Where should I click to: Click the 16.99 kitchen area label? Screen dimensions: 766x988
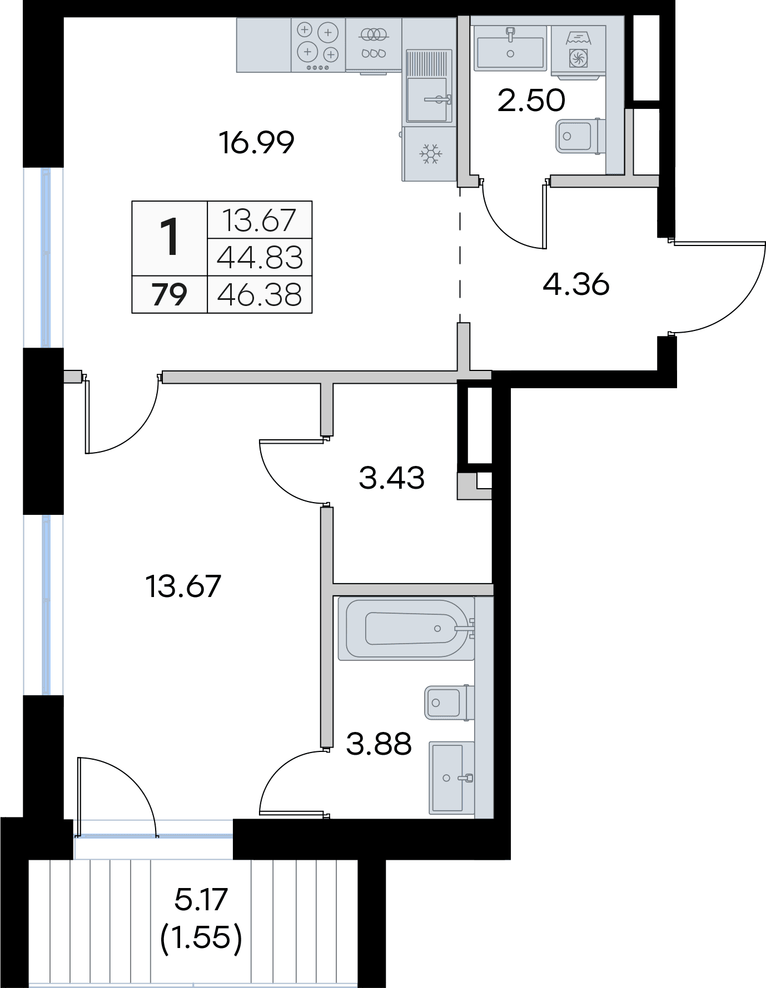[x=256, y=143]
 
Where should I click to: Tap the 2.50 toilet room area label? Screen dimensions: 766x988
[x=531, y=101]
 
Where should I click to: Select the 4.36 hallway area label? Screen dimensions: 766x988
[x=576, y=284]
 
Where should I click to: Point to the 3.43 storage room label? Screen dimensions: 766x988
[x=392, y=478]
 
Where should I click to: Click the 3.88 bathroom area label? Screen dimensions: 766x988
[x=379, y=744]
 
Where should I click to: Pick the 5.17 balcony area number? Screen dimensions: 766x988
[x=201, y=899]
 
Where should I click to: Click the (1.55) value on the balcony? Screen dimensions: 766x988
[x=201, y=938]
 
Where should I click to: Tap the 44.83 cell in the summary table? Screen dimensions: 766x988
[x=260, y=258]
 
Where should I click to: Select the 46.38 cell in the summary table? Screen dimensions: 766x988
[x=260, y=294]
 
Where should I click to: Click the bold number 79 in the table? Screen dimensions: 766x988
[x=170, y=294]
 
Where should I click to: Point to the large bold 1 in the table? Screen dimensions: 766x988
[x=169, y=237]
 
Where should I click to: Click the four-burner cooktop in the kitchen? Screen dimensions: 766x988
[x=318, y=45]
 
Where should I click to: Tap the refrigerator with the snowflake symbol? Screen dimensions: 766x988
[x=429, y=154]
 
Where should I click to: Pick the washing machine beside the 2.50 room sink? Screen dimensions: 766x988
[x=578, y=49]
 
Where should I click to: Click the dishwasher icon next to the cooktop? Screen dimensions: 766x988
[x=374, y=44]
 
